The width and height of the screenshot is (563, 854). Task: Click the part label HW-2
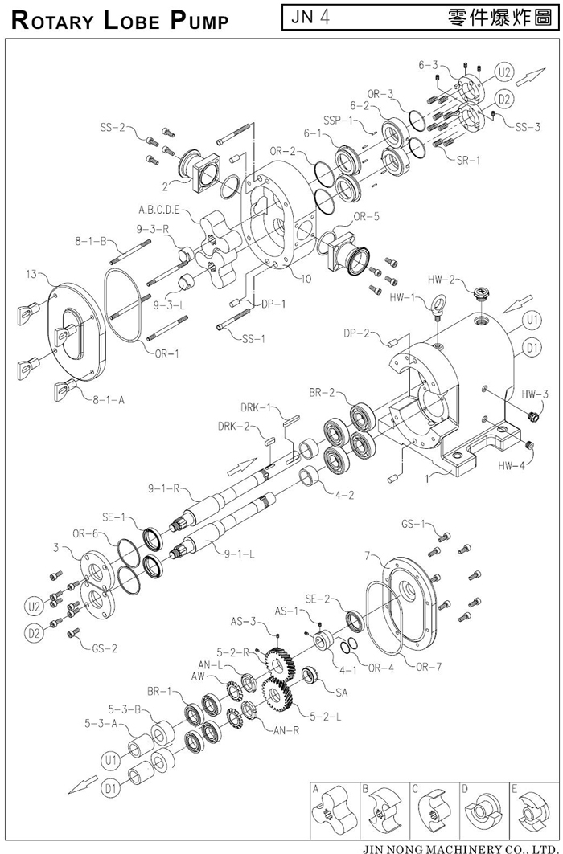441,280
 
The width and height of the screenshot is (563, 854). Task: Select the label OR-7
429,666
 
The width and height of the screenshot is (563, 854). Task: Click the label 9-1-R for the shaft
163,488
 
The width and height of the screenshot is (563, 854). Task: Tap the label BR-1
158,691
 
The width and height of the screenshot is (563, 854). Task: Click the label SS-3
528,127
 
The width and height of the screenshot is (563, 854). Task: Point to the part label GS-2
104,648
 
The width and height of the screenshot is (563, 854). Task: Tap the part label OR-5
367,216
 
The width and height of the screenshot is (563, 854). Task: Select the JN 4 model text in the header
310,18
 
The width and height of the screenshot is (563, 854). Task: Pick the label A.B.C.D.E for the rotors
160,210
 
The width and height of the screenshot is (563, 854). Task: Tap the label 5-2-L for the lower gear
326,717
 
